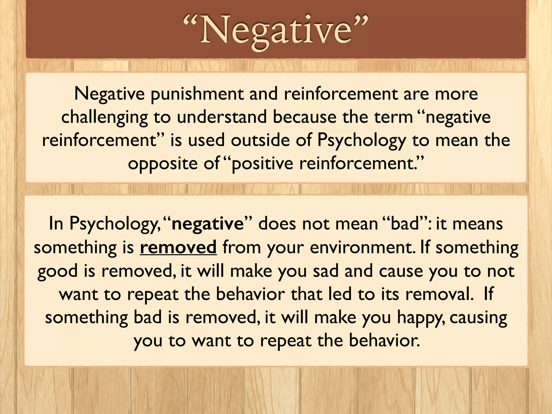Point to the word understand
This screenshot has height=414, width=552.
coord(222,117)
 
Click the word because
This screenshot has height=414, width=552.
coord(304,117)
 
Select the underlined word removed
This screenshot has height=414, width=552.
coord(178,247)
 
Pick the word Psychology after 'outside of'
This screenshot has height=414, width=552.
coord(361,141)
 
